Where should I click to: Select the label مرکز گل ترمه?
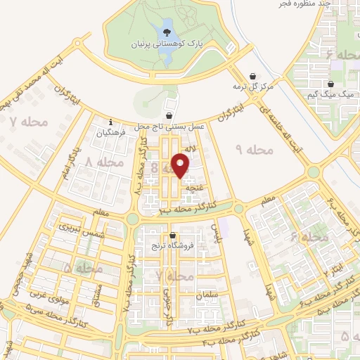[252, 86]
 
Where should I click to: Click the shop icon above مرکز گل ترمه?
[252, 76]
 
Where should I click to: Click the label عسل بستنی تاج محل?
[169, 126]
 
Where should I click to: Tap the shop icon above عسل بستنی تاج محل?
[169, 115]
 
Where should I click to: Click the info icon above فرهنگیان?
[110, 121]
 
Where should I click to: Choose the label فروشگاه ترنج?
[173, 246]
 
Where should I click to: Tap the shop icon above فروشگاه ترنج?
[172, 236]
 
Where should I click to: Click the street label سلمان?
[209, 295]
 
